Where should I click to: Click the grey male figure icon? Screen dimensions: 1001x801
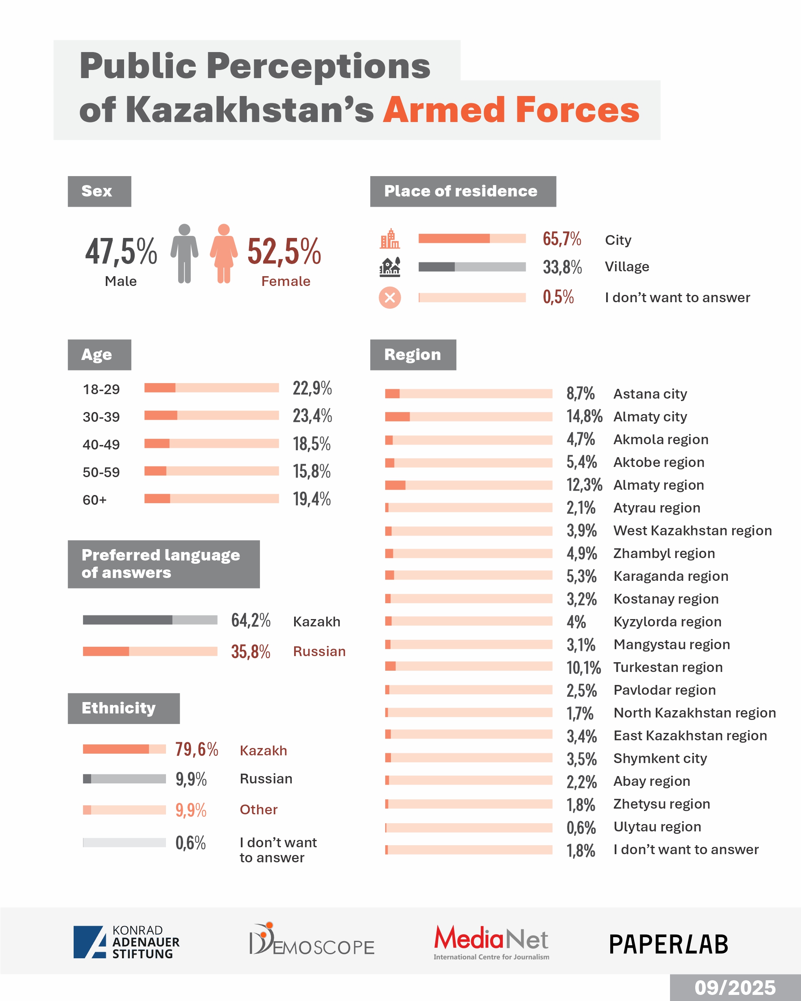(184, 253)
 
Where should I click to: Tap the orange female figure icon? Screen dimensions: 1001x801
(224, 253)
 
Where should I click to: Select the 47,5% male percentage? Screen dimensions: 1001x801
(121, 251)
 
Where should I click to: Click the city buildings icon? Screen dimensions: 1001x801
(390, 239)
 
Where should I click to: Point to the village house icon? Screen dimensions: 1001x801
(390, 267)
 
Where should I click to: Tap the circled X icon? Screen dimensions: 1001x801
(390, 298)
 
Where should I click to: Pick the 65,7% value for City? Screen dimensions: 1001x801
(562, 239)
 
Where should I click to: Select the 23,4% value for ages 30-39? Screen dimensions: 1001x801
(312, 416)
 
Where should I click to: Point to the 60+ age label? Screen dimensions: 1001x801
(95, 500)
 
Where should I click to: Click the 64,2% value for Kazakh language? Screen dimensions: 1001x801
(251, 620)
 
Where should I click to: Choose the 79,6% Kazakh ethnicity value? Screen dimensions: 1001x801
(196, 749)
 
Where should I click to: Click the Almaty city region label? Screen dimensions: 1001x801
(650, 417)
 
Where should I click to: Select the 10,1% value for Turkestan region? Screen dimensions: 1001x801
(583, 667)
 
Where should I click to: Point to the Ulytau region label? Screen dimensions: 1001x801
(657, 827)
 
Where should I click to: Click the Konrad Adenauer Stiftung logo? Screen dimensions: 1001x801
(126, 942)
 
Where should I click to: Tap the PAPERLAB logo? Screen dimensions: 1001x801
(669, 944)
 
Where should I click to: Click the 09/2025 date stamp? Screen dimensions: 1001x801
(735, 988)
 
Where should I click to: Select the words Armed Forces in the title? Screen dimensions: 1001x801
(511, 110)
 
